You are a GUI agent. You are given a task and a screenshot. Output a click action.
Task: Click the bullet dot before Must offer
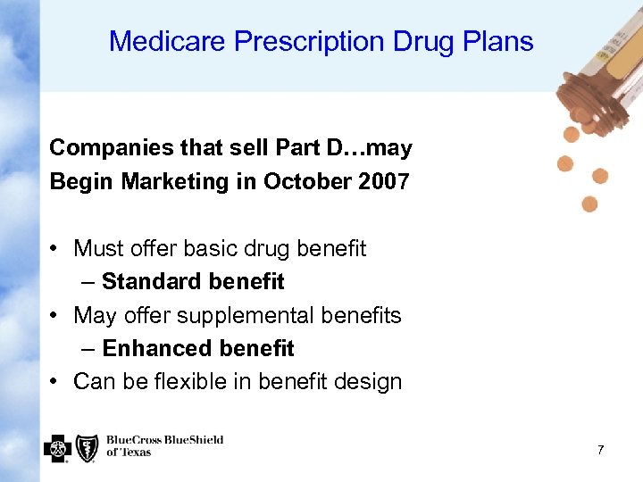coord(55,248)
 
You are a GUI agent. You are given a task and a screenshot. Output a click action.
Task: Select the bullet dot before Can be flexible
coord(55,382)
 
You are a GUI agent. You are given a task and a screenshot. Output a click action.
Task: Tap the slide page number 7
coord(600,451)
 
